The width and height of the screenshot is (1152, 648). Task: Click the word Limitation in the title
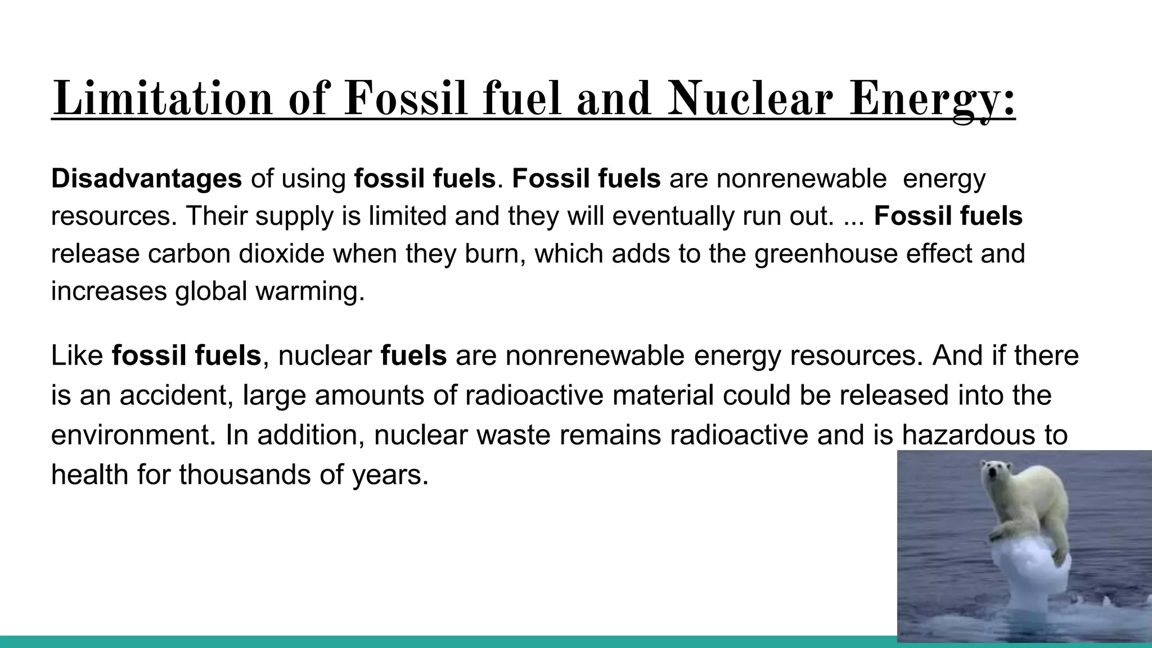[x=162, y=99]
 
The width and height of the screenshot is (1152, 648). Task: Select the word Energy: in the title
[x=932, y=100]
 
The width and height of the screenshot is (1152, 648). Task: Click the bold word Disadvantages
[x=146, y=179]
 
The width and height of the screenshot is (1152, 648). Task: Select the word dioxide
[x=281, y=254]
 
